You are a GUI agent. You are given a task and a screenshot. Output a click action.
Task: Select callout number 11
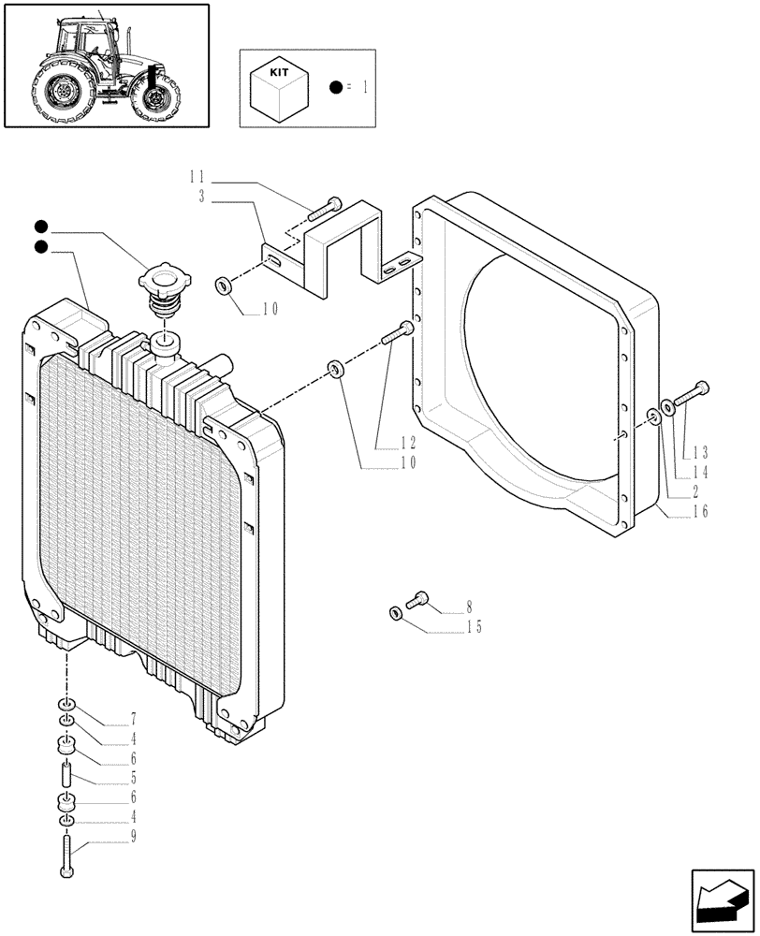[197, 176]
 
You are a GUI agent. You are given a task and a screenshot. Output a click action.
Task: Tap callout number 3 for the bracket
[202, 196]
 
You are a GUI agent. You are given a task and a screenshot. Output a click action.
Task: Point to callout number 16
[699, 511]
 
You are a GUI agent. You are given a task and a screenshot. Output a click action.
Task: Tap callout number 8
[469, 608]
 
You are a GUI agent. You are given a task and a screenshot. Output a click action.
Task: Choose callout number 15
[475, 627]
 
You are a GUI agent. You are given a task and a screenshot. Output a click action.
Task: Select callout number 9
[134, 836]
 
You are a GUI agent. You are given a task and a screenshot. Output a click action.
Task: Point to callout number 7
[134, 718]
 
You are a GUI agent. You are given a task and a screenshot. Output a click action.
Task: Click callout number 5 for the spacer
[134, 777]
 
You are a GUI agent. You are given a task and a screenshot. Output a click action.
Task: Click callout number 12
[409, 442]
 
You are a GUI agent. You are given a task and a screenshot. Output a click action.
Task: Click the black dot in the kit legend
[335, 87]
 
